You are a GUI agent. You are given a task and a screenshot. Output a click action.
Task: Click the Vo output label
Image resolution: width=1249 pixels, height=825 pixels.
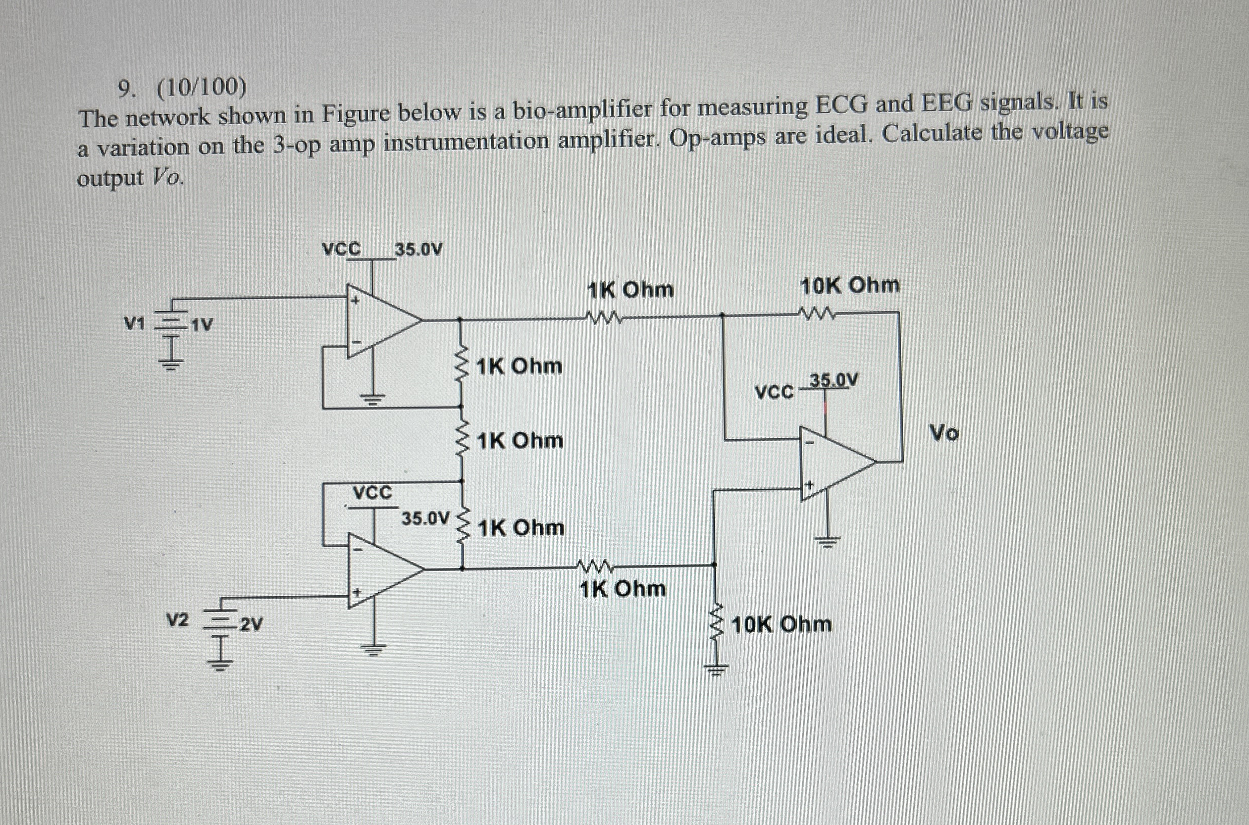[x=945, y=433]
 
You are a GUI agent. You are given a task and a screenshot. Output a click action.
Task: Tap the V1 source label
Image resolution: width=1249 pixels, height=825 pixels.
[x=134, y=324]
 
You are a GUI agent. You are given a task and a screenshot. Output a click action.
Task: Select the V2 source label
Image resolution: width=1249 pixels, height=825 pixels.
[x=177, y=621]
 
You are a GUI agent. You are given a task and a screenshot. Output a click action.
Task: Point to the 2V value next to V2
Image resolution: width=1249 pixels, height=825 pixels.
[x=251, y=625]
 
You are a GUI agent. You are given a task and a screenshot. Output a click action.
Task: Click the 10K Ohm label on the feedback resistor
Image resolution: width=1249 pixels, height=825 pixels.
[x=849, y=286]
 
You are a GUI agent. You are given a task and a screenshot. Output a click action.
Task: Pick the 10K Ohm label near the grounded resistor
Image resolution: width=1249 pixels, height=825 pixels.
[x=782, y=625]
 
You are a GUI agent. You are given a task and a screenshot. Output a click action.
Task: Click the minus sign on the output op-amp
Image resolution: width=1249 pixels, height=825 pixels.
[x=810, y=443]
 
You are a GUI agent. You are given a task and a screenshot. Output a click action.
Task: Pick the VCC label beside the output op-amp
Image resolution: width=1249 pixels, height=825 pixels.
[x=774, y=392]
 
